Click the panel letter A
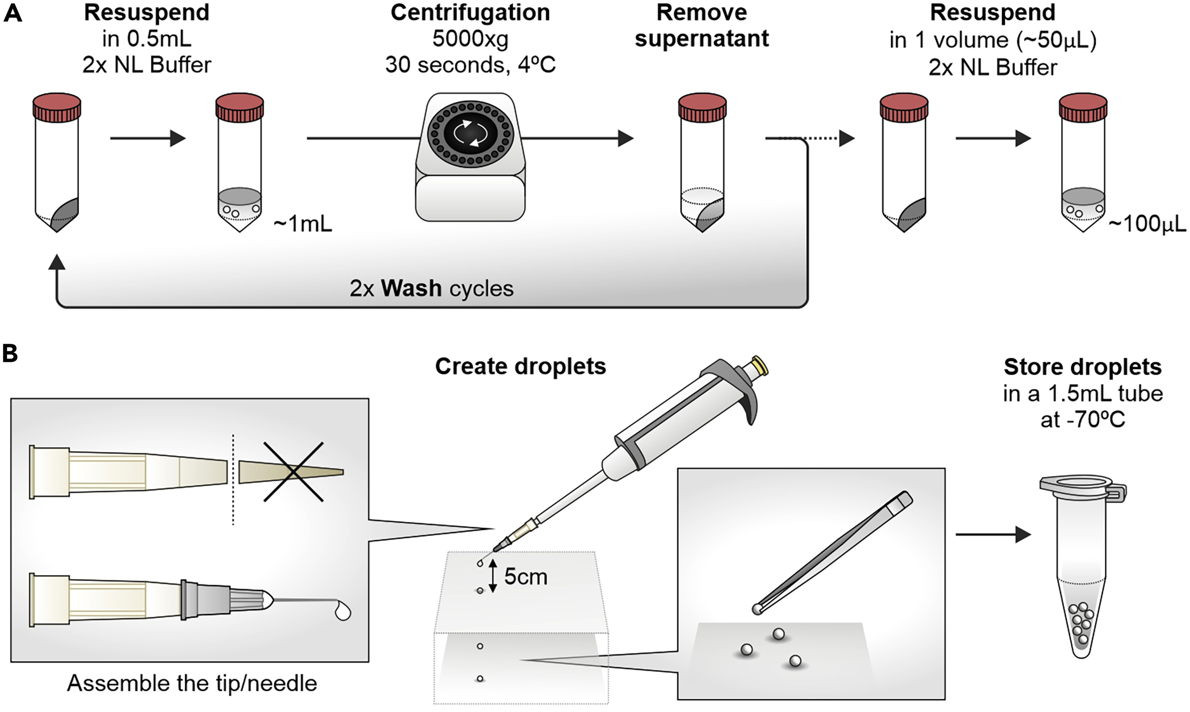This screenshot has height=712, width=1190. (13, 13)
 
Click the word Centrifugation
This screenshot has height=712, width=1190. (470, 13)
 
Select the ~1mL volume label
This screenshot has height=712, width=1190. (303, 224)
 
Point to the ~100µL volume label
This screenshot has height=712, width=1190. (1147, 224)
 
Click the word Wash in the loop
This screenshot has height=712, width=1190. (411, 289)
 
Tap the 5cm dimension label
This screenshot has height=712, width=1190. (525, 577)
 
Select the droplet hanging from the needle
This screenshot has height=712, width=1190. (342, 612)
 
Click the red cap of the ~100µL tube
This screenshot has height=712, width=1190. (1083, 107)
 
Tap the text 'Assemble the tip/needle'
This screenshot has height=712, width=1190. (192, 683)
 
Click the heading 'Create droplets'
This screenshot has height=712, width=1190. (520, 367)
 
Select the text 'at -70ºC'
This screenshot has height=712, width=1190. (1082, 420)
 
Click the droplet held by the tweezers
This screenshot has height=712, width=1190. (757, 609)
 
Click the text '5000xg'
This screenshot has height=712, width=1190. (470, 39)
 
